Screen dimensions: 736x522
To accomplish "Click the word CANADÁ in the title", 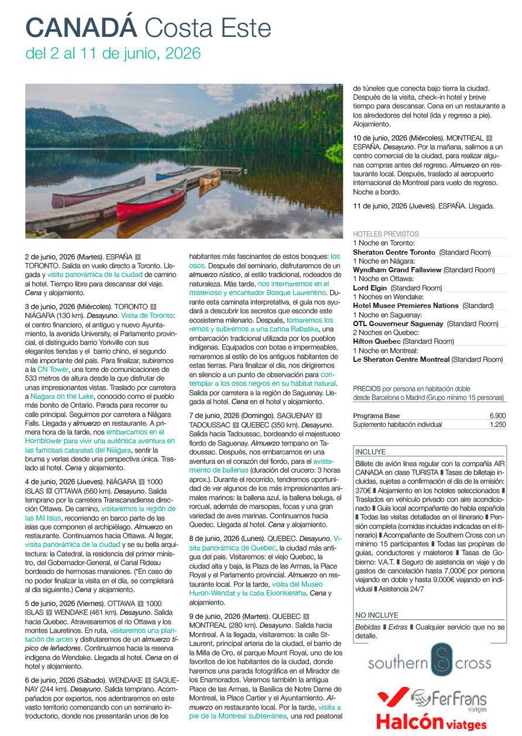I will pos(81,28).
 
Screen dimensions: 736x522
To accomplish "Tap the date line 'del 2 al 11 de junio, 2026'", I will pos(113,54).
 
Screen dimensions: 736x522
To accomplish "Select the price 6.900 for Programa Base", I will pos(497,416).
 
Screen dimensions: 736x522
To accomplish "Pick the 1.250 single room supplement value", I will pos(497,425).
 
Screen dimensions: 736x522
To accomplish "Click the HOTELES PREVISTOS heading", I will pos(386,234).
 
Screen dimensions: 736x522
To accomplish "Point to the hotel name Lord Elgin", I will pos(370,288).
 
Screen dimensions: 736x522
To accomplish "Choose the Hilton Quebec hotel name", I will pos(376,341).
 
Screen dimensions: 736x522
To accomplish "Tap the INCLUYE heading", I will pos(370,452).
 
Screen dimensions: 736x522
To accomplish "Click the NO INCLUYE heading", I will pos(376,615).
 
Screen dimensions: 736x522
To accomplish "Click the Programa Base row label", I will pos(376,416).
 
